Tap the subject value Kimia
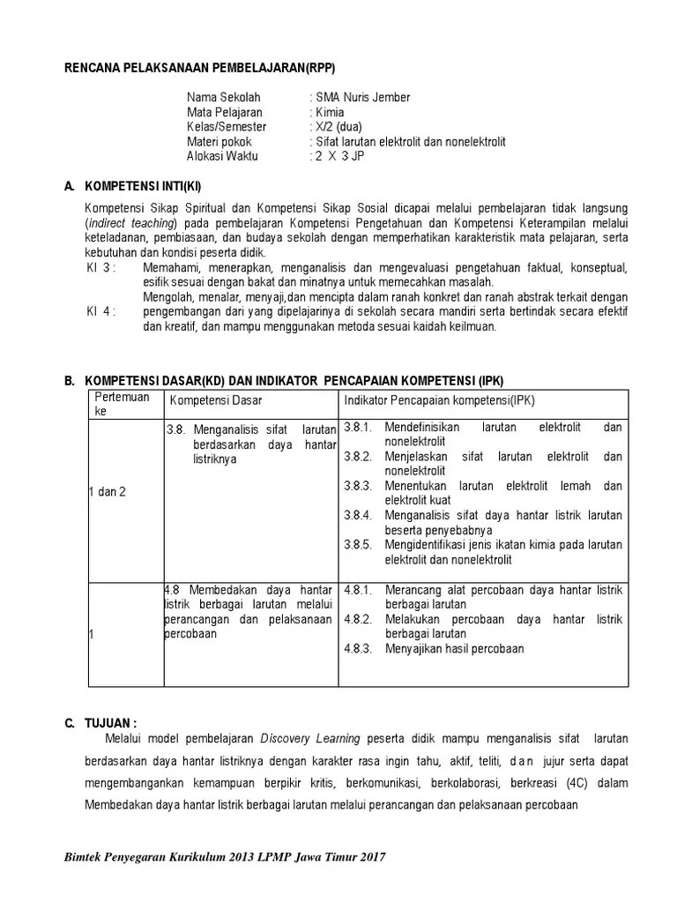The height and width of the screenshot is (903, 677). click(x=331, y=112)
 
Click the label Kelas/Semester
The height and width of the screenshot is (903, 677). click(x=226, y=127)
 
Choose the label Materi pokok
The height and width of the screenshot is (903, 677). click(x=219, y=141)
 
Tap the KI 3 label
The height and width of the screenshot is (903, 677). click(x=100, y=267)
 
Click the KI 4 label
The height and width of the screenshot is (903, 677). click(x=100, y=311)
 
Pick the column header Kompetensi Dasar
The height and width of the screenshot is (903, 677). click(x=216, y=401)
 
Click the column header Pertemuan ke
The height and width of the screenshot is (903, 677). click(x=122, y=404)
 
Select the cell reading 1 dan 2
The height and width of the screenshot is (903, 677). click(x=107, y=491)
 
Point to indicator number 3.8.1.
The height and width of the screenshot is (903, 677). click(x=359, y=427)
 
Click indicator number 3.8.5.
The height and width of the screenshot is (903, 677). click(x=359, y=544)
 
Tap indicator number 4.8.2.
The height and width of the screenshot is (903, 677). click(x=359, y=619)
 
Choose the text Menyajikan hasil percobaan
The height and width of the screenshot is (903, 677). click(x=454, y=648)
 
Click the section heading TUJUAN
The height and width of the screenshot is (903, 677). click(x=110, y=722)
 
